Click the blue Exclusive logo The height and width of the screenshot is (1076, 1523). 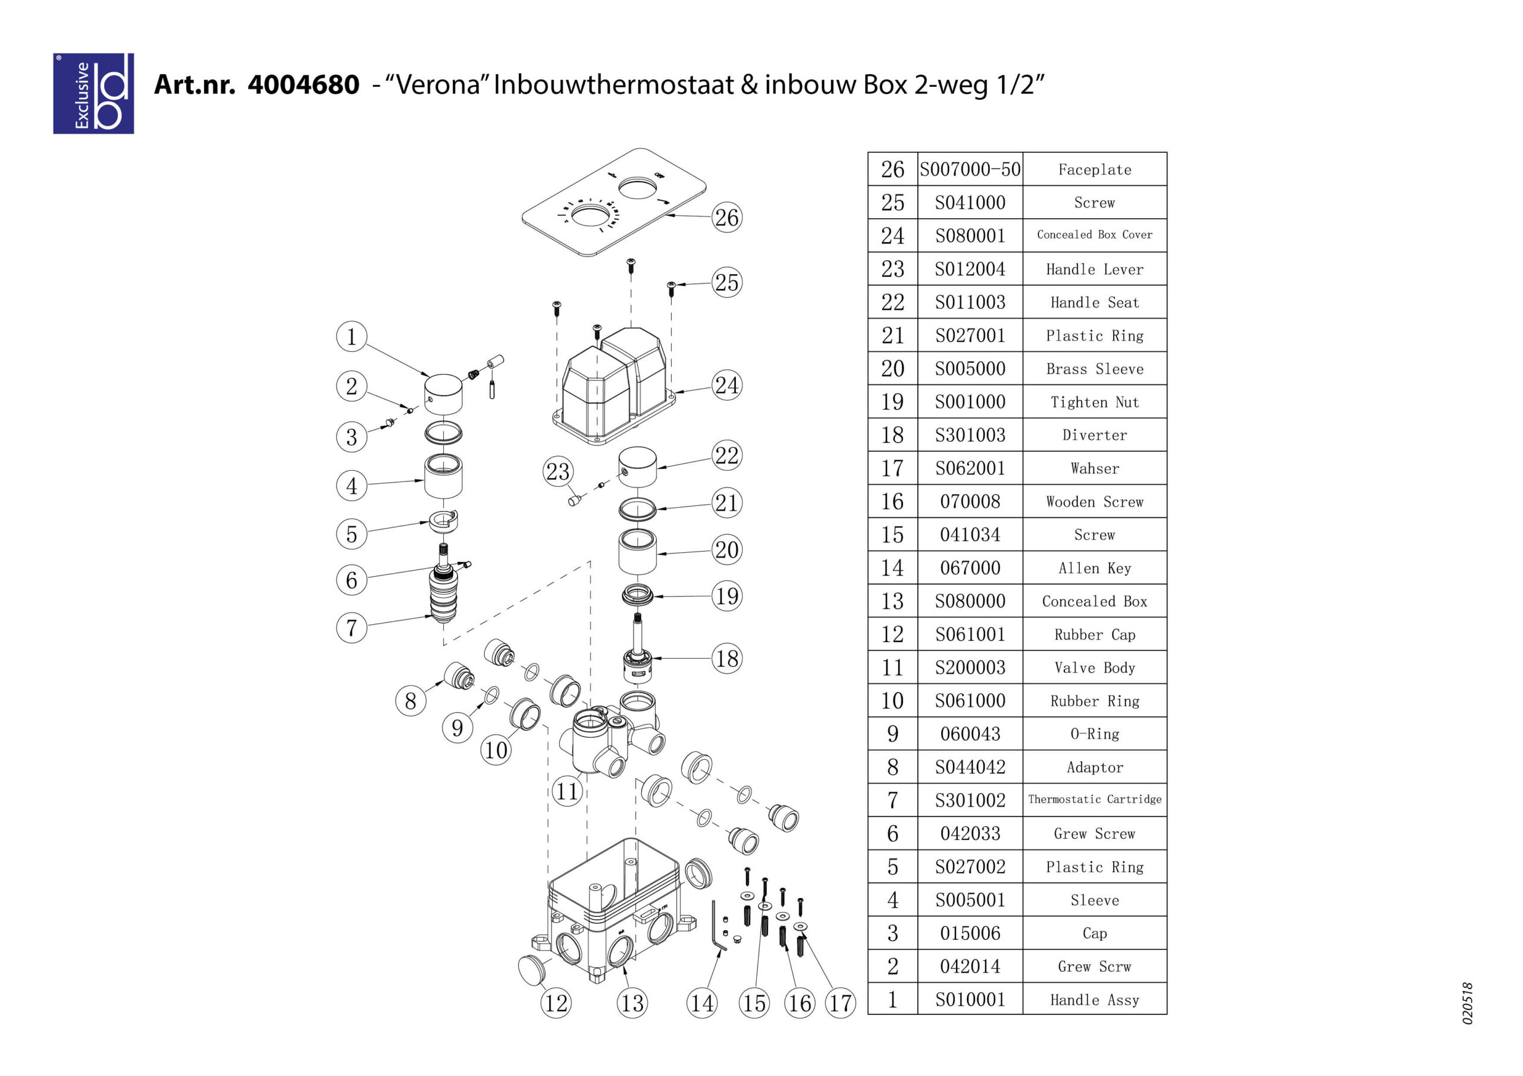(x=93, y=93)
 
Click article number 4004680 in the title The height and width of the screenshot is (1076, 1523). (x=303, y=85)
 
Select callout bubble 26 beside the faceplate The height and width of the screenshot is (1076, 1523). (x=727, y=218)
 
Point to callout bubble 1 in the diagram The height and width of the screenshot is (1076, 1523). (x=352, y=337)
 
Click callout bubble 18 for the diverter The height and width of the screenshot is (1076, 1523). (x=727, y=658)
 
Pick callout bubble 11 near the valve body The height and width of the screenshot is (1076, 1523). (x=567, y=791)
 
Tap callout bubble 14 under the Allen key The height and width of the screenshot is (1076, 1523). (x=702, y=1003)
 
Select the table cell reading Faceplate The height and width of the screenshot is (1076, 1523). (x=1095, y=169)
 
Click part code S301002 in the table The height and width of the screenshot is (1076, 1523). (x=970, y=800)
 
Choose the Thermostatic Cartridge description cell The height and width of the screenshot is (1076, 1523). (x=1095, y=800)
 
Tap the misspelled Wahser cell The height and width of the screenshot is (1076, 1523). (x=1095, y=468)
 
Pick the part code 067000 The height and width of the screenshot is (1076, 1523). (x=970, y=568)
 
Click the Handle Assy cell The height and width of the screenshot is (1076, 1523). (x=1095, y=1000)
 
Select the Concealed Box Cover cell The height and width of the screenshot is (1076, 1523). (x=1095, y=235)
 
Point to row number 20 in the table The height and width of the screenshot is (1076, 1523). (x=893, y=369)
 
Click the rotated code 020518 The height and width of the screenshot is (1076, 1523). (x=1468, y=1003)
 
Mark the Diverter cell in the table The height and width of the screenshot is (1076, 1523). (x=1095, y=435)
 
